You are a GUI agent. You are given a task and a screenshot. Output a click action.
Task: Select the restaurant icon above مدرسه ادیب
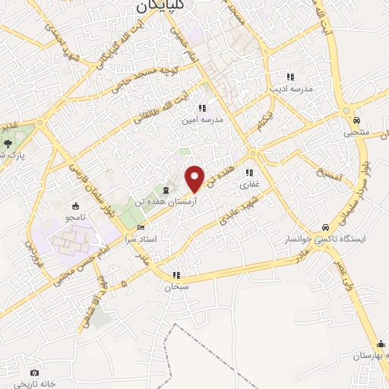[x=289, y=76]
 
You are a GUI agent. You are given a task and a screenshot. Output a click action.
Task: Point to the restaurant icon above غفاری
[x=249, y=172]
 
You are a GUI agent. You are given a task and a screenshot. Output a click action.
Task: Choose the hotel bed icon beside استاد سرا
[x=140, y=227]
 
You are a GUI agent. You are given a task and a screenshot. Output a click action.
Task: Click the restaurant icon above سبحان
[x=176, y=275]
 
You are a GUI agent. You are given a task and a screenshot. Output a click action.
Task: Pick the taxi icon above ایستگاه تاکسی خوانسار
[x=325, y=226]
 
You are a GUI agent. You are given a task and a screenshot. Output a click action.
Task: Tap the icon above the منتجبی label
[x=356, y=120]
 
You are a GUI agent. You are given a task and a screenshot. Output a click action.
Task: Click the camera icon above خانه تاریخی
[x=34, y=372]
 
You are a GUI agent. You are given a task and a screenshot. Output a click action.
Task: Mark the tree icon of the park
[x=8, y=142]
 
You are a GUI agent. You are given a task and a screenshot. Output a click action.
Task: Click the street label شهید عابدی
[x=239, y=207]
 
